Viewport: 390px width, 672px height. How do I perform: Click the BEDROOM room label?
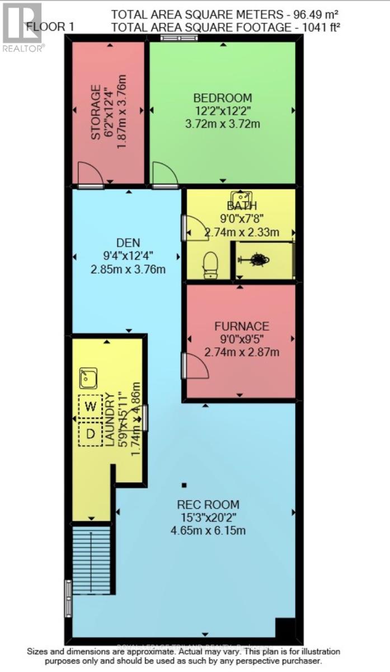(222, 97)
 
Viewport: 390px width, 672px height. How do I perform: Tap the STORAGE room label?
(96, 112)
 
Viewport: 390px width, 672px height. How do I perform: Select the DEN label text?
(128, 243)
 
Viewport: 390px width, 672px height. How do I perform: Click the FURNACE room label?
(242, 326)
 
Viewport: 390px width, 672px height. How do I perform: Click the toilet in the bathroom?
(210, 265)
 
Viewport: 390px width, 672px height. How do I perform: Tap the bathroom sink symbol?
(242, 198)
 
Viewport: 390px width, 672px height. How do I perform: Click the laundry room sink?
(88, 378)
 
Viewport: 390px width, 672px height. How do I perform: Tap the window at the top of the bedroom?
(178, 38)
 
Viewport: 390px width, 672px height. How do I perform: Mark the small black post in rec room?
(184, 484)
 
